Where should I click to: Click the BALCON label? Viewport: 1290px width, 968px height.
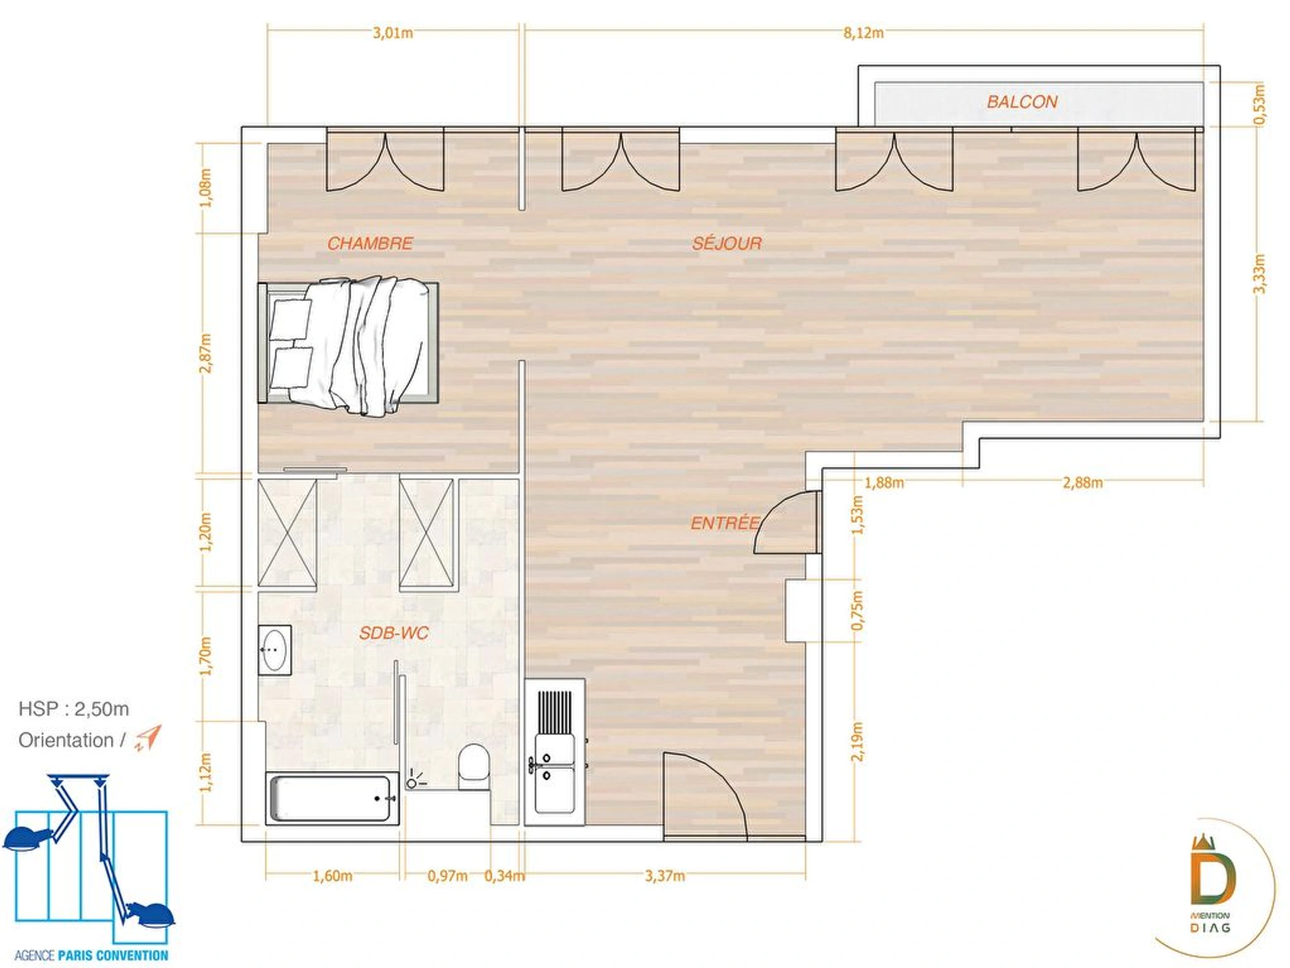[1021, 102]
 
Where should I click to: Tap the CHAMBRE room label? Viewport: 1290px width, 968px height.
[370, 243]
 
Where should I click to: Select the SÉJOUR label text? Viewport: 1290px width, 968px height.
[727, 243]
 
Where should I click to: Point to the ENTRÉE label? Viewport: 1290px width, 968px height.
[725, 523]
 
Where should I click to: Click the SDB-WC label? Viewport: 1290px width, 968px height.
[394, 633]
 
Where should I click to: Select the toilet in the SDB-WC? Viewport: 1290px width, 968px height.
[474, 766]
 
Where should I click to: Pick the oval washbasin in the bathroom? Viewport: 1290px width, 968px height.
[275, 650]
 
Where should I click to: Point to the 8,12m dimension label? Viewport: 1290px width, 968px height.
[863, 33]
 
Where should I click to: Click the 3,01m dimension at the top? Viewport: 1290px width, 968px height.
[392, 33]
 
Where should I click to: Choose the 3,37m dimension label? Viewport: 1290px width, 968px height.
[665, 876]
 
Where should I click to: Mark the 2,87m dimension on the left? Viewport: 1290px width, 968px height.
[206, 353]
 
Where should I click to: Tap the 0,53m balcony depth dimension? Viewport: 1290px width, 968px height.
[1259, 104]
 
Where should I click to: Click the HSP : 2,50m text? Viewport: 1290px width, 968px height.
[74, 709]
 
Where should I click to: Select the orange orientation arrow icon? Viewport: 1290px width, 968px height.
[148, 738]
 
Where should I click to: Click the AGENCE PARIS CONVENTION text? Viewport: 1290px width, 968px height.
[91, 955]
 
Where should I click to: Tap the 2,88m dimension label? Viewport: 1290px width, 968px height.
[1082, 483]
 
